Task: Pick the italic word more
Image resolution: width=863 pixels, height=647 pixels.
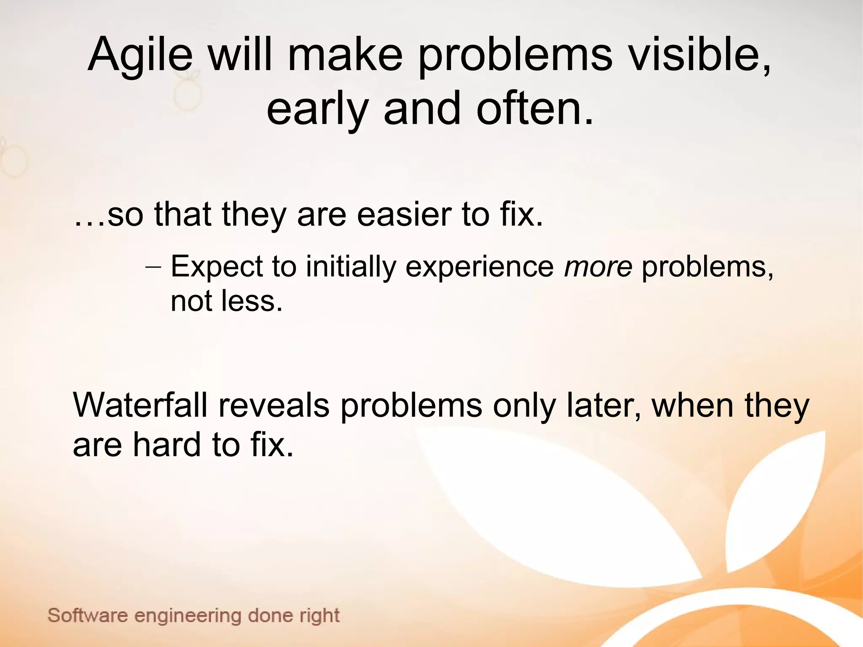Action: coord(598,266)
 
